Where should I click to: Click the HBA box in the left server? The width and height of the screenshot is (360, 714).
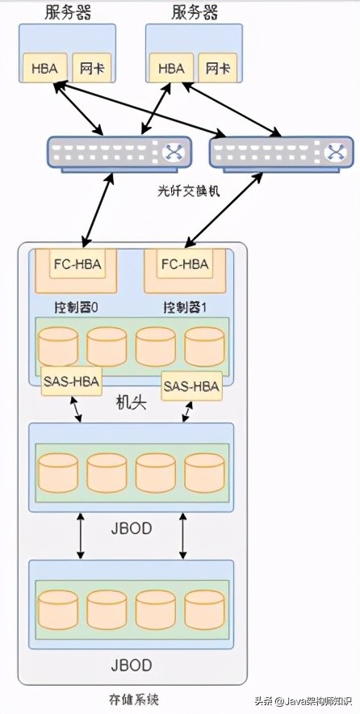(44, 68)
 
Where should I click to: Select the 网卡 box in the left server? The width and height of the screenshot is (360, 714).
(89, 68)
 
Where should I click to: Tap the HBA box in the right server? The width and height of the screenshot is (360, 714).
(171, 68)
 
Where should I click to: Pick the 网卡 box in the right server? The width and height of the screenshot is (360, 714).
(216, 68)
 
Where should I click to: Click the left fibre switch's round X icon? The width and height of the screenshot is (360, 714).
(172, 152)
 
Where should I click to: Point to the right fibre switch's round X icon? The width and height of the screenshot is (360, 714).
(335, 152)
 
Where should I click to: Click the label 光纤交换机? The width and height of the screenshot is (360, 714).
(189, 191)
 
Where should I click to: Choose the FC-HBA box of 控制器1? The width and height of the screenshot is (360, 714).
(185, 264)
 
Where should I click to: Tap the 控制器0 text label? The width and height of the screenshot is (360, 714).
(77, 308)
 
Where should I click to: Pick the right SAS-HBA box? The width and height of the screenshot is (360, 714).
(191, 385)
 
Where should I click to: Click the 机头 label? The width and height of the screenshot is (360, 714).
(131, 401)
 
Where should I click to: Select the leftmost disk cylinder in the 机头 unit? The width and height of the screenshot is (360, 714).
(58, 346)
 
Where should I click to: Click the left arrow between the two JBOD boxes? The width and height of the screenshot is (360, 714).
(80, 535)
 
